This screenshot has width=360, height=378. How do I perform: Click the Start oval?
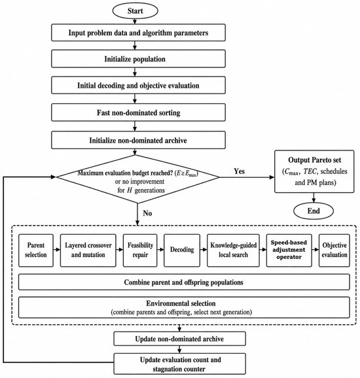click(x=135, y=11)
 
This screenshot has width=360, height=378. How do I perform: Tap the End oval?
click(x=314, y=211)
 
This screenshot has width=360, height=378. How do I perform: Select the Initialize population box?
click(x=138, y=59)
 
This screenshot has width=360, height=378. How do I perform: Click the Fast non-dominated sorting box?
click(x=138, y=112)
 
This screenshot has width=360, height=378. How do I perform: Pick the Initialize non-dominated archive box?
click(x=138, y=140)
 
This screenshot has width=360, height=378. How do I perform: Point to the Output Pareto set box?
click(x=314, y=171)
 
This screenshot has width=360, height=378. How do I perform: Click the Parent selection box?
click(x=36, y=250)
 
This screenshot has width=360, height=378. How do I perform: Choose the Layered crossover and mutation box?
click(x=88, y=250)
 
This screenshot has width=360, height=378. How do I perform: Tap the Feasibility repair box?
click(x=140, y=250)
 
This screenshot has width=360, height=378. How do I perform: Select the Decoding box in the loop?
click(x=182, y=250)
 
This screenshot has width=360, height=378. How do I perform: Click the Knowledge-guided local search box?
click(x=233, y=250)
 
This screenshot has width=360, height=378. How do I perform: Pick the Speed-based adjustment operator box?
click(x=289, y=250)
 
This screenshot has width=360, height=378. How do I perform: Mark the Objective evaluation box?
click(x=334, y=250)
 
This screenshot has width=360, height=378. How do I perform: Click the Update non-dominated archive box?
click(x=180, y=339)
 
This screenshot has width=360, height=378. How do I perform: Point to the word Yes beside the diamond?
click(x=240, y=171)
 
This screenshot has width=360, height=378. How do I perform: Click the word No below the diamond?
click(x=147, y=213)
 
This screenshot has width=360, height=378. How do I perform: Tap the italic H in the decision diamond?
click(x=130, y=190)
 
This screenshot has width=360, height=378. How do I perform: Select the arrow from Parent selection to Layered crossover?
click(x=57, y=250)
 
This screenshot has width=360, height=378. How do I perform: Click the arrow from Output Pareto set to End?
click(x=314, y=198)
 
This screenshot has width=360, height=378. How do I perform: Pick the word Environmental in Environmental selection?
click(x=164, y=303)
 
